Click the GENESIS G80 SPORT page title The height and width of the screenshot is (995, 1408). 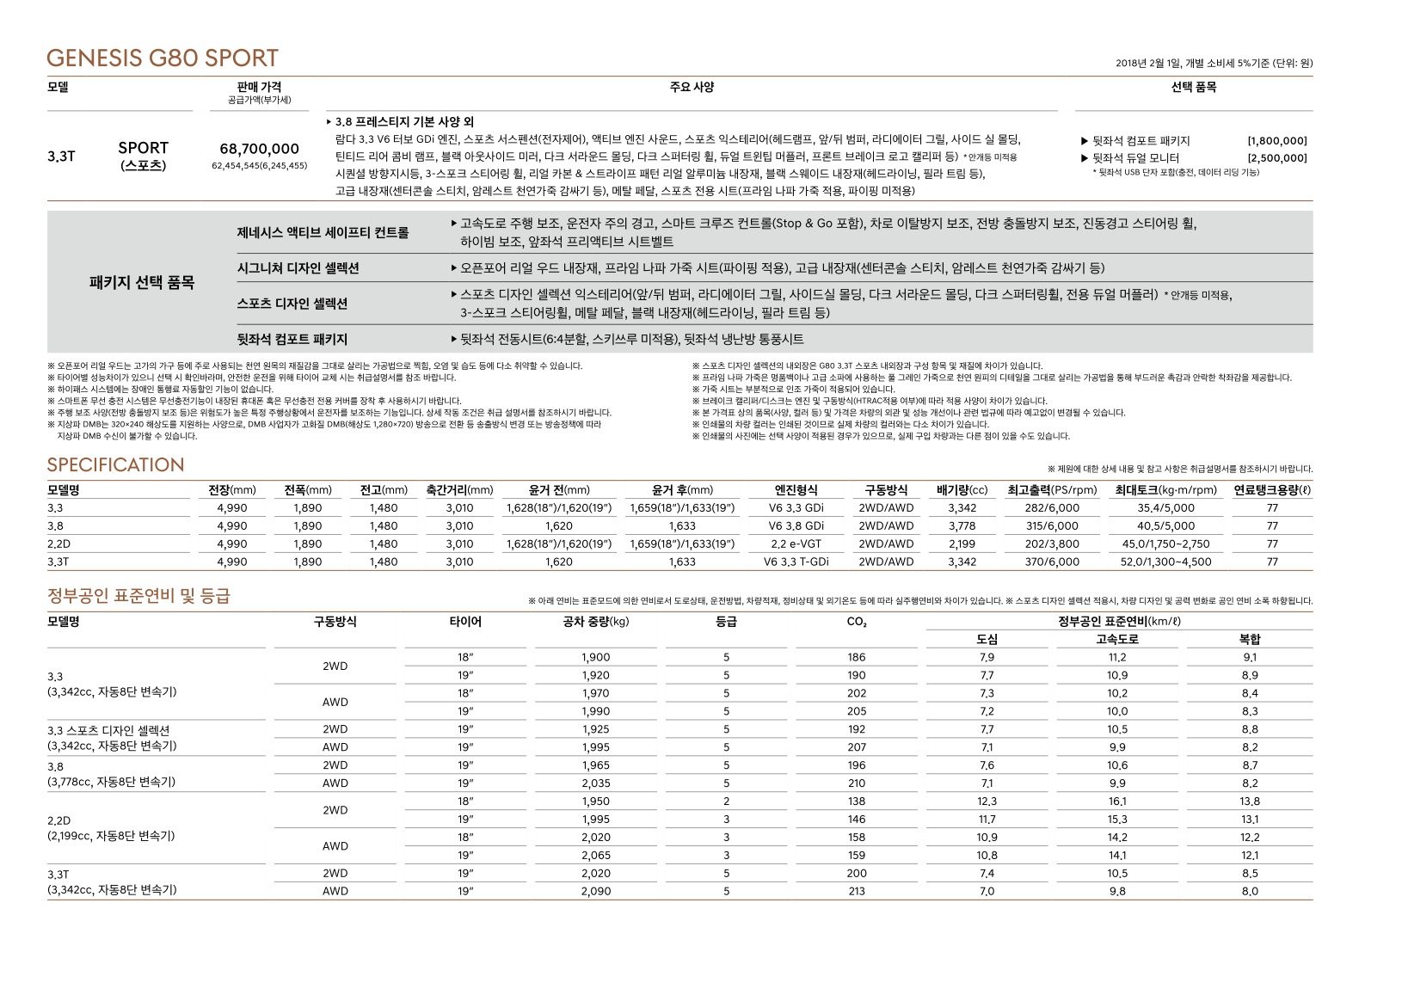[x=163, y=58]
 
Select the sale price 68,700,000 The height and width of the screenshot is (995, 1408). [x=259, y=149]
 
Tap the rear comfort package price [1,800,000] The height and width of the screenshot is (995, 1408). [x=1276, y=141]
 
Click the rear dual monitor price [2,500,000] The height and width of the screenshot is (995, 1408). [x=1276, y=158]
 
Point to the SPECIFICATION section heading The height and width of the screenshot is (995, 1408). [x=115, y=465]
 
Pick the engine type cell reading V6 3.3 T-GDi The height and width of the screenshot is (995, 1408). [x=796, y=562]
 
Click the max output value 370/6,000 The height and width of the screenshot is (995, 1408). [x=1052, y=562]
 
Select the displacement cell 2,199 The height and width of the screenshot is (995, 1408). [x=962, y=544]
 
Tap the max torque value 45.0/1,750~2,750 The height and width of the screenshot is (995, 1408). [x=1165, y=544]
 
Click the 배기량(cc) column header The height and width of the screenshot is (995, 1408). [x=962, y=490]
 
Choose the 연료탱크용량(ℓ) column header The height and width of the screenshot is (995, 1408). [x=1272, y=490]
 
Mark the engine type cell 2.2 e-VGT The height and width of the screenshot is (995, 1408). [x=796, y=544]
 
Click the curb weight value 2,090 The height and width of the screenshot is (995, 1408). [x=595, y=892]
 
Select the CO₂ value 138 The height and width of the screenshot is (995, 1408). [x=857, y=802]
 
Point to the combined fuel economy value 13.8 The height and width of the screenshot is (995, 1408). [x=1249, y=802]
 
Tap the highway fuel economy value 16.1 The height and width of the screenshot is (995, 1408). [x=1117, y=802]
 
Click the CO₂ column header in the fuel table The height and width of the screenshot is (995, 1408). [x=857, y=622]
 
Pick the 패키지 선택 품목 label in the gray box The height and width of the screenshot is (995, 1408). [x=142, y=283]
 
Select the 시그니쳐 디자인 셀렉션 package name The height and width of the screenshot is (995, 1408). [x=298, y=268]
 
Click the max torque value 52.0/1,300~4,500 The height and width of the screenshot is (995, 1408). [x=1165, y=562]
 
